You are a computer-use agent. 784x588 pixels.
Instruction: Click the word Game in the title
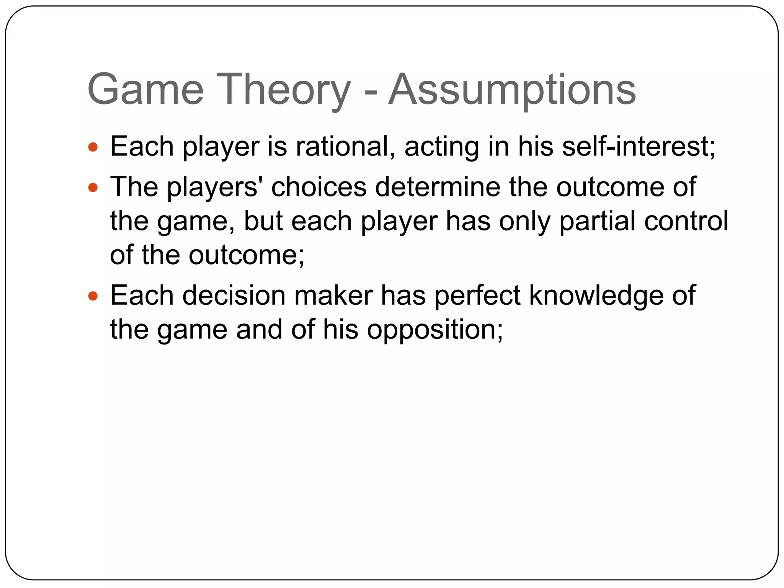(145, 90)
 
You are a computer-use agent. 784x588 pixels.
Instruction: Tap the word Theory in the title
(283, 90)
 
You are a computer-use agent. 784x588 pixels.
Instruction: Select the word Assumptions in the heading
(512, 90)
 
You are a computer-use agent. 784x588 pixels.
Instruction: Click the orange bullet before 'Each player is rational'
(93, 147)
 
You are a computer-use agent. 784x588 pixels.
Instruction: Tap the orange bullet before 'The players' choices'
(93, 188)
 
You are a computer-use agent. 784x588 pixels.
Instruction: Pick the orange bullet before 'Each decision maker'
(93, 296)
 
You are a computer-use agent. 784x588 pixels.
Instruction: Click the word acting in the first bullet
(441, 147)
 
